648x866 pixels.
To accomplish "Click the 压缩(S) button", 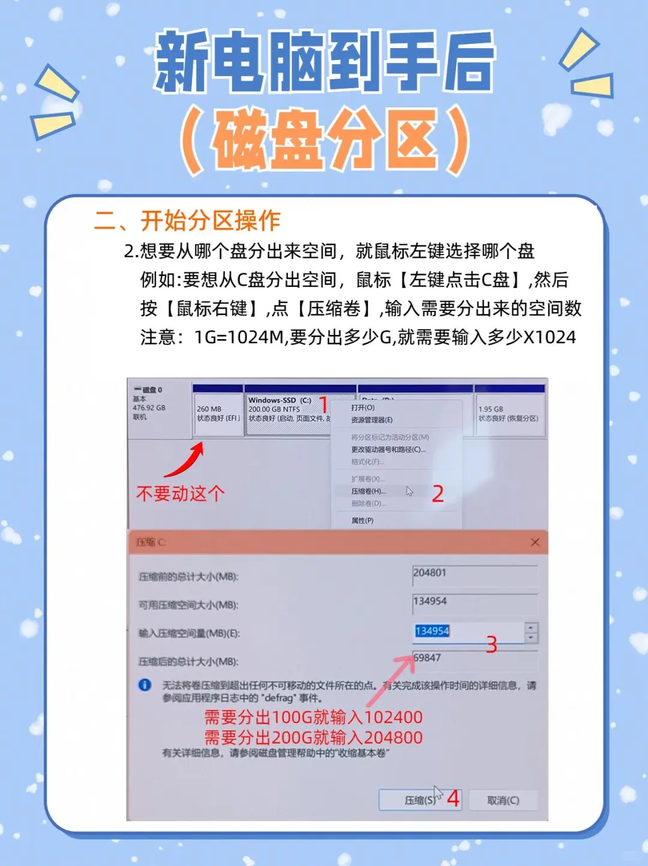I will pos(419,800).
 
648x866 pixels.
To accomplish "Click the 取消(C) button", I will pos(503,800).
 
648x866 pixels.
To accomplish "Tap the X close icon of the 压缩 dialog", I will pos(535,543).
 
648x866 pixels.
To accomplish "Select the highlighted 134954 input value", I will pos(432,631).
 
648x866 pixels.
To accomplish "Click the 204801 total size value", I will pos(430,573).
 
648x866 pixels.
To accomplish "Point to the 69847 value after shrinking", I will pos(427,658).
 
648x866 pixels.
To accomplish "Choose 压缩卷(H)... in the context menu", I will pos(368,491).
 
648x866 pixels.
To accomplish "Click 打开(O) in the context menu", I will pos(362,407).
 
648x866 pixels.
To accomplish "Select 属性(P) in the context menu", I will pos(362,520).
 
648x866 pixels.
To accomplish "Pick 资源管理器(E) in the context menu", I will pos(371,420).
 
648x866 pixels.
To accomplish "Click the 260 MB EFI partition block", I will pos(218,413).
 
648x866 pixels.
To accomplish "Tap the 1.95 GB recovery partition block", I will pos(508,413).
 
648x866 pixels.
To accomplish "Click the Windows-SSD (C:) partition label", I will pos(280,400).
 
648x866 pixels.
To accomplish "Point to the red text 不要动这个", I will pos(181,494).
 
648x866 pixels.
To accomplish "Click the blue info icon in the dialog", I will pos(145,685).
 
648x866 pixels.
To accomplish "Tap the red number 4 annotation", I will pos(454,799).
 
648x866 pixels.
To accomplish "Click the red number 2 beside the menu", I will pos(438,494).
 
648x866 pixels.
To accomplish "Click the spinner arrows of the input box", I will pos(531,632).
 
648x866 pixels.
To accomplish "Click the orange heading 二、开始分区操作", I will pos(187,221).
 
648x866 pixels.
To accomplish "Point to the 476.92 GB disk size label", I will pos(149,407).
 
